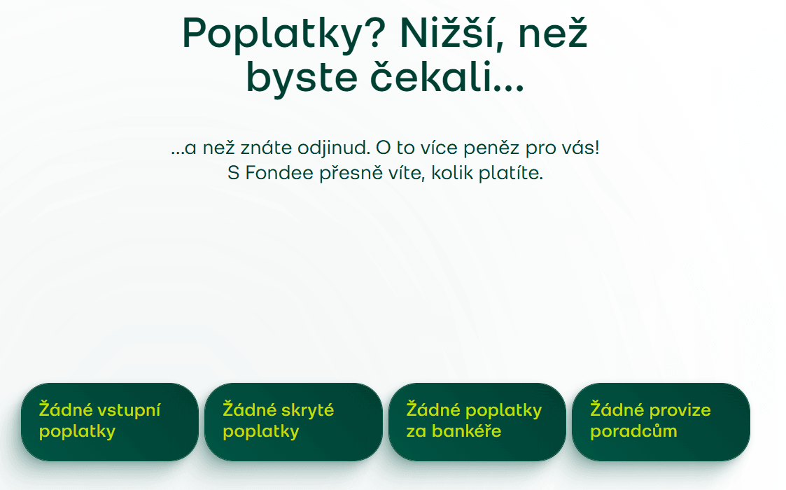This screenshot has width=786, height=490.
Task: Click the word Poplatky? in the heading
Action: (283, 34)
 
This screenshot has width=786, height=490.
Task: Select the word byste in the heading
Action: (302, 78)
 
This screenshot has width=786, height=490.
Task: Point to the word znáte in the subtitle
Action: (266, 148)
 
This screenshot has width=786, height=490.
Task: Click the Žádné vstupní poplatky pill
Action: (110, 422)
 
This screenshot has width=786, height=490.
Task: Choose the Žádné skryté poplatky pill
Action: (293, 422)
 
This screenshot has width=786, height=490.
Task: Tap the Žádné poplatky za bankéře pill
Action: (477, 422)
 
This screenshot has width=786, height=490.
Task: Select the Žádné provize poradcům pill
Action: (661, 422)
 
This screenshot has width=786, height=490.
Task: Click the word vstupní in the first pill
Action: (129, 410)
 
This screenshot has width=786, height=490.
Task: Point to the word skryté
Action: (307, 410)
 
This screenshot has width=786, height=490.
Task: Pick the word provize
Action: (681, 410)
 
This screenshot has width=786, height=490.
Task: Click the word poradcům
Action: (633, 431)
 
